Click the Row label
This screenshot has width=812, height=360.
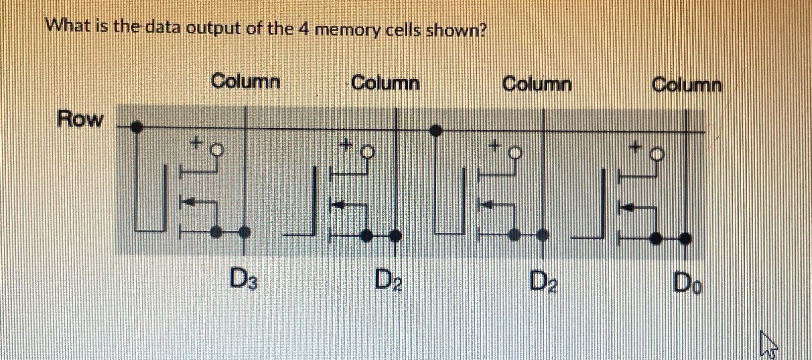coord(80,119)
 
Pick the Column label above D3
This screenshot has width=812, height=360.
coord(246,81)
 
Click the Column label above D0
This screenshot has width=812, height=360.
coord(686,85)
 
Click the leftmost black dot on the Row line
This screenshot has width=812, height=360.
coord(136,127)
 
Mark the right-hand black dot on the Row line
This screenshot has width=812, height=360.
coord(435,130)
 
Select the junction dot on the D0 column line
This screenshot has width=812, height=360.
coord(685,238)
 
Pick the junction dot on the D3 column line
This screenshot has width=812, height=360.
coord(245,232)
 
